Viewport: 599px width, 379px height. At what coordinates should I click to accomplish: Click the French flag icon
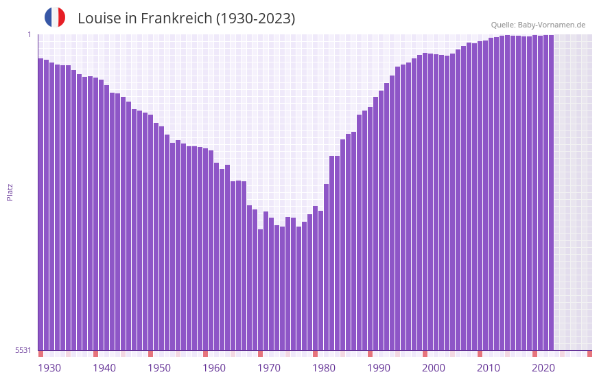click(x=55, y=17)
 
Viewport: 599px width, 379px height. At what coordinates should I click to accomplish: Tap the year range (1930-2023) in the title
click(x=255, y=19)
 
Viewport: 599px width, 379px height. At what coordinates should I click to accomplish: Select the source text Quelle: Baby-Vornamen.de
click(x=538, y=25)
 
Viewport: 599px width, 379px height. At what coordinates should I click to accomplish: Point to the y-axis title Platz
click(x=10, y=192)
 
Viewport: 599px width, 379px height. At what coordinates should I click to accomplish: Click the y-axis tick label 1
click(x=29, y=34)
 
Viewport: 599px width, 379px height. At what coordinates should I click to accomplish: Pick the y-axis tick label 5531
click(x=23, y=350)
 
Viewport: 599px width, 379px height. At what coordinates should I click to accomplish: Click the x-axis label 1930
click(x=49, y=368)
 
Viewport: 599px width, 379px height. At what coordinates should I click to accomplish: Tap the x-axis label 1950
click(x=159, y=368)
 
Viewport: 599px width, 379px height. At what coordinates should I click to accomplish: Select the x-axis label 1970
click(x=269, y=368)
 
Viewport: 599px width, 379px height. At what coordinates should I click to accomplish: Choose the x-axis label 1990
click(x=379, y=368)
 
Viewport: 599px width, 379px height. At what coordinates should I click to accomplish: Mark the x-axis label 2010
click(x=489, y=368)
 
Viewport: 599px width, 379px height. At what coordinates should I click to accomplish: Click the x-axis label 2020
click(x=543, y=368)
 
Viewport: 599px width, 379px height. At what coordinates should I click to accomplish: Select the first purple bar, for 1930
click(x=40, y=206)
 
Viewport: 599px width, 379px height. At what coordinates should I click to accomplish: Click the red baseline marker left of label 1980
click(x=315, y=354)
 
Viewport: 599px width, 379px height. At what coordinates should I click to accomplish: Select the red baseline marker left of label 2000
click(x=425, y=354)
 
